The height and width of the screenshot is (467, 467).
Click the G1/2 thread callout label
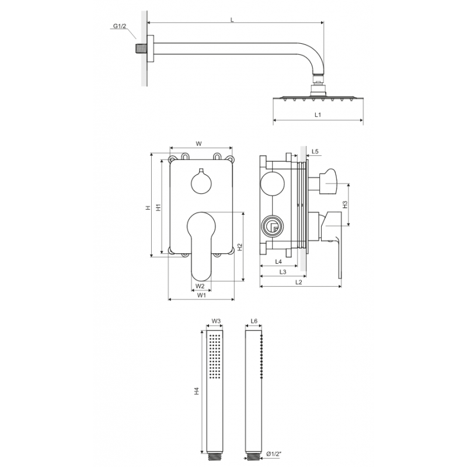click(x=120, y=26)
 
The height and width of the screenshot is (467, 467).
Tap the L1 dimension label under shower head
click(x=318, y=114)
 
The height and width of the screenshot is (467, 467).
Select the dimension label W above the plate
click(x=198, y=144)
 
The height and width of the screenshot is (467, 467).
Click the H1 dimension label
click(x=158, y=207)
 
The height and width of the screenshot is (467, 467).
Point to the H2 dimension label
click(x=240, y=247)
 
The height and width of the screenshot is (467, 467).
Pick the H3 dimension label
click(x=345, y=205)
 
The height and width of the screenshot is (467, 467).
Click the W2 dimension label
click(x=200, y=286)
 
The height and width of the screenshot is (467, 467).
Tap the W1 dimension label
click(x=201, y=295)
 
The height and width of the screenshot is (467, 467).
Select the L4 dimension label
click(x=278, y=262)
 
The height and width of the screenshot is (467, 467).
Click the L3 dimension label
click(x=283, y=271)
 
